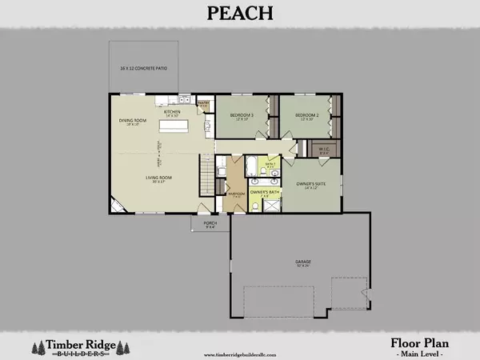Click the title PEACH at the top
[x=240, y=14]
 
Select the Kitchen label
[x=174, y=112]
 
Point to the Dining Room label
[x=130, y=122]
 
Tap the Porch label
[x=210, y=224]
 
